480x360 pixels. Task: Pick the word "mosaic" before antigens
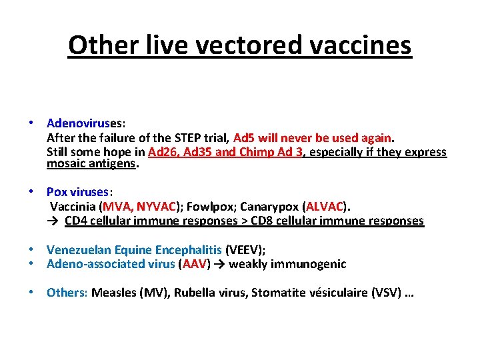click(65, 163)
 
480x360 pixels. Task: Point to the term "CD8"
click(271, 221)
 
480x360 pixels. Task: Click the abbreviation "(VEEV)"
click(245, 250)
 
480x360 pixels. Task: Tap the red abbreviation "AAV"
click(194, 264)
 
